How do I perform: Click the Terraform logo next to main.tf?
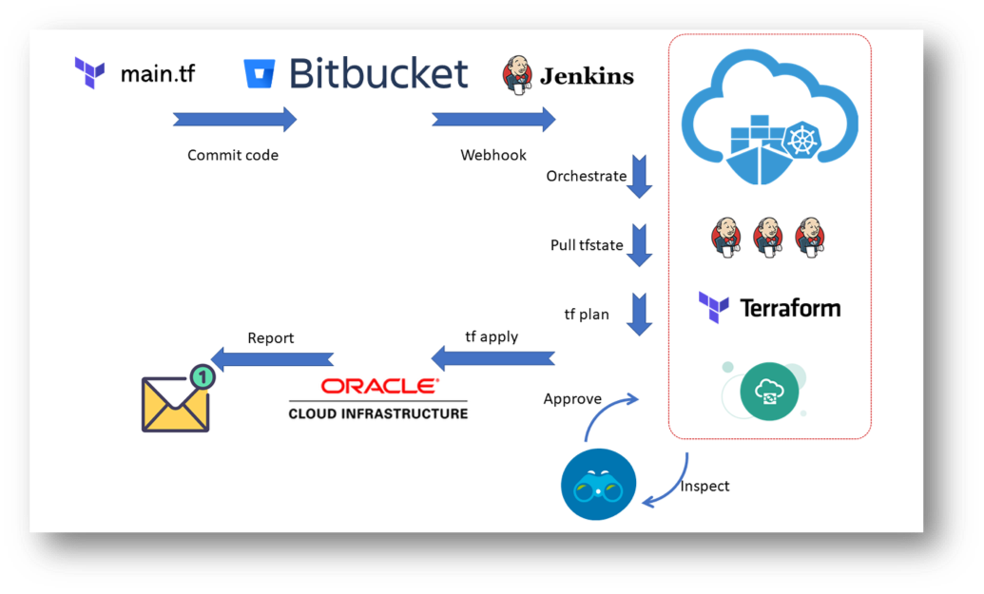(90, 72)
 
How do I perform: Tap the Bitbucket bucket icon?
(260, 74)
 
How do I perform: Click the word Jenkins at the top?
(587, 76)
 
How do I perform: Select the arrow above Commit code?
(235, 120)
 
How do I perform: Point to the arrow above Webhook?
(493, 120)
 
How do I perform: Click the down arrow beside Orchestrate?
(639, 177)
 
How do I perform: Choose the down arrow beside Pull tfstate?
(639, 245)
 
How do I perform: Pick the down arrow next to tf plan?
(639, 315)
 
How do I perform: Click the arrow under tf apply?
(492, 358)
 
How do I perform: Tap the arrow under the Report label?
(272, 358)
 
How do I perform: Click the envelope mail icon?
(175, 403)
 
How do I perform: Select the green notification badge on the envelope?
(202, 377)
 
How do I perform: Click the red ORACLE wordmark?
(379, 386)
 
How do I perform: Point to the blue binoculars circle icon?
(598, 485)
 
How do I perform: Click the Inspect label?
(704, 486)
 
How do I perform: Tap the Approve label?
(572, 398)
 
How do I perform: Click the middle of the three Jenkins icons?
(768, 236)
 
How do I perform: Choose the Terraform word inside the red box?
(789, 308)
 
